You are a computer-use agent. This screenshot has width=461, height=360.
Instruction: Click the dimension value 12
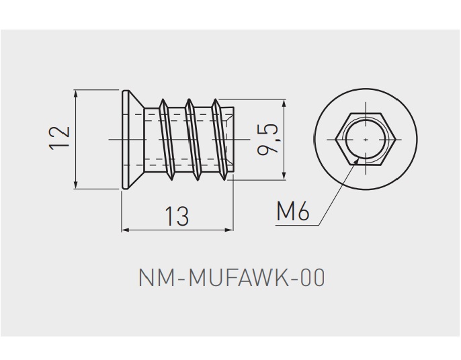[60, 137]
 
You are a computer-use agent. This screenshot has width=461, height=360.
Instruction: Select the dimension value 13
[177, 216]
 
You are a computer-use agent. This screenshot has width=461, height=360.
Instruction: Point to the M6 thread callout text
[292, 212]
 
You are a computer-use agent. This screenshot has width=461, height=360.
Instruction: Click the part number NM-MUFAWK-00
[231, 277]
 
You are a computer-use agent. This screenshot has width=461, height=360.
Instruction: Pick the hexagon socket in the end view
[364, 138]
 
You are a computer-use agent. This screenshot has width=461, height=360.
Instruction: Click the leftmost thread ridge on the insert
[166, 138]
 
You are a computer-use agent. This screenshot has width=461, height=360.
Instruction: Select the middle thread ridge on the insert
[194, 139]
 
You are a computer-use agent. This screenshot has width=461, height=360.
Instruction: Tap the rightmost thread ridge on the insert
[220, 138]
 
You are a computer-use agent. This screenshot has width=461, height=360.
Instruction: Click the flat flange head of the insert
[124, 139]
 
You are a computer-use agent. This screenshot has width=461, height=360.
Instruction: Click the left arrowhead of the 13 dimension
[125, 230]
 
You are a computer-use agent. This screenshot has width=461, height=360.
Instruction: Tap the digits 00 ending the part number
[312, 277]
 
